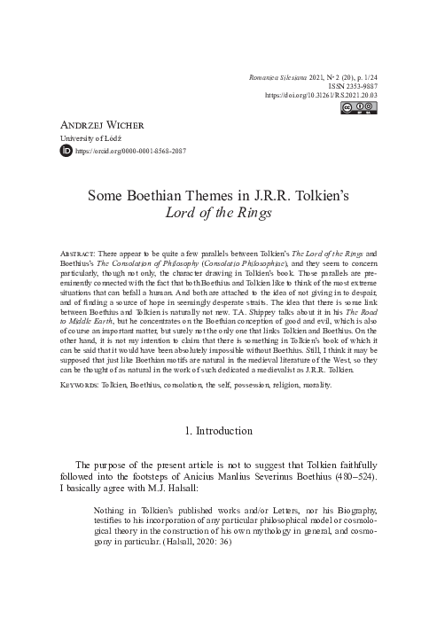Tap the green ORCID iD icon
point(65,152)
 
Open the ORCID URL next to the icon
point(130,152)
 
